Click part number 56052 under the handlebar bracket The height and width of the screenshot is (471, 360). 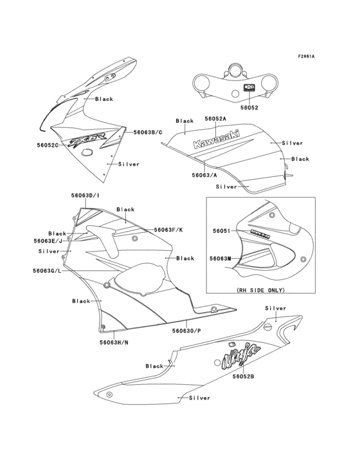pos(249,108)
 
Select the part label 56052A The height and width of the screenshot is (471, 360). pos(215,119)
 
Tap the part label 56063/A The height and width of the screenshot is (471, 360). pos(204,174)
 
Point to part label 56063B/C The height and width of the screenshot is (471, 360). pos(148,132)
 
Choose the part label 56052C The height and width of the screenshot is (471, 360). pos(48,145)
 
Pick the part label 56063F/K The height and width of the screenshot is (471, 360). pos(168,230)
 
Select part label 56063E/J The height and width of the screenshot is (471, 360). pos(48,241)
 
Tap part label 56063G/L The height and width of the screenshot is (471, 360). pos(48,270)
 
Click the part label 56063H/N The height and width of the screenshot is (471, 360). pos(114,343)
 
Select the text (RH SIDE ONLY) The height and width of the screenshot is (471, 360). pos(260,290)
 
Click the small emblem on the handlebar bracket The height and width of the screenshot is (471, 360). pos(249,87)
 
